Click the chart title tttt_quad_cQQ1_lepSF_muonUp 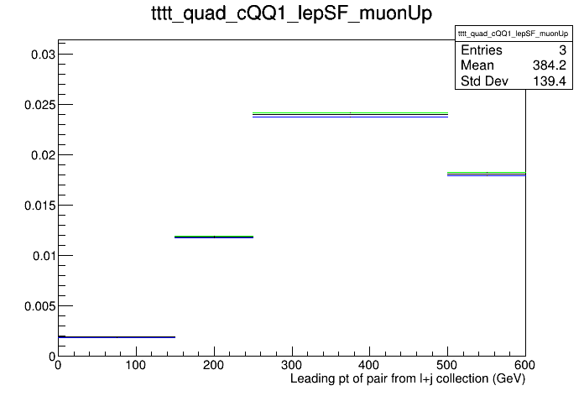tap(292, 13)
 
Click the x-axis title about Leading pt tap(408, 379)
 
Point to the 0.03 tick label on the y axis tap(43, 55)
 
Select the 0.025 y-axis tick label tap(39, 105)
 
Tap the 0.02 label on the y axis tap(43, 155)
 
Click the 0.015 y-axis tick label tap(39, 206)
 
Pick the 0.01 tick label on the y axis tap(44, 256)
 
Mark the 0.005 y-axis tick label tap(39, 306)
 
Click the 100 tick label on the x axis tap(136, 365)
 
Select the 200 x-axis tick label tap(213, 365)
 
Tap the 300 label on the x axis tap(292, 365)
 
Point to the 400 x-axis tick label tap(369, 365)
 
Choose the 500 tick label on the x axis tap(447, 365)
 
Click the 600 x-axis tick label tap(524, 365)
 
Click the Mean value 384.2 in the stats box tap(550, 65)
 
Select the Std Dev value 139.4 tap(550, 81)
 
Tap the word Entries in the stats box tap(482, 50)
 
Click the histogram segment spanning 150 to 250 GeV tap(214, 237)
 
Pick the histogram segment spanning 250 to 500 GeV tap(350, 115)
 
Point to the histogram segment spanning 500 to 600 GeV tap(487, 174)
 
